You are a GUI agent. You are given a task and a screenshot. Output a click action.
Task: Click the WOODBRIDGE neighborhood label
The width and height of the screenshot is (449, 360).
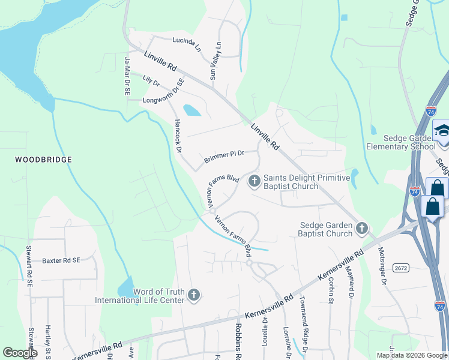[x=44, y=160]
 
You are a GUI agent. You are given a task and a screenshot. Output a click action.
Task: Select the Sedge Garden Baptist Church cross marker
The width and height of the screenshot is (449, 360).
[x=361, y=228]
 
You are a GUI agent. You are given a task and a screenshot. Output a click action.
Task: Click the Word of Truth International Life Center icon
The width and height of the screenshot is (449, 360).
[x=193, y=295]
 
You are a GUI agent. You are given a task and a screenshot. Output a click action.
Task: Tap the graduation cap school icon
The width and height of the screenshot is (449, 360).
[x=441, y=130]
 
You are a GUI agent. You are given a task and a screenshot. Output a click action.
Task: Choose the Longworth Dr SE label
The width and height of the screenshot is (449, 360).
[x=163, y=93]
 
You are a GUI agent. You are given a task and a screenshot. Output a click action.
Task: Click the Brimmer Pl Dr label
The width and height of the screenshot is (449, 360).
[x=224, y=157]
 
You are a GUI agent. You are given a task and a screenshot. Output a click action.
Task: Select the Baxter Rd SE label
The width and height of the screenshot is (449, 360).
[x=61, y=261]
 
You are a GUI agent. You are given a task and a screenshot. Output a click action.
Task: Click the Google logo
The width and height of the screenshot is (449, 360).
[x=20, y=353]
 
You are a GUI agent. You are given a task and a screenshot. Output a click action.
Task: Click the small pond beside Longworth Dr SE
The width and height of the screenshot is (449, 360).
[x=191, y=110]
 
